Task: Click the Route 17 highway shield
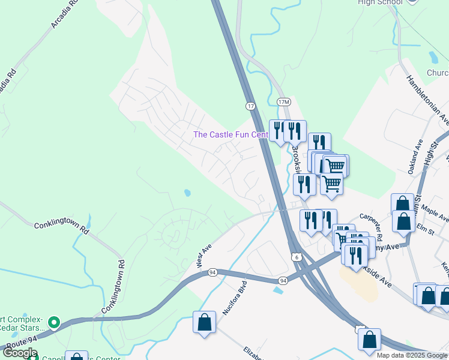pyautogui.click(x=250, y=106)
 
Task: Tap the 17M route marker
pyautogui.click(x=283, y=102)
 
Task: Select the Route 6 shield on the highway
pyautogui.click(x=297, y=257)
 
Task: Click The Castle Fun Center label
pyautogui.click(x=230, y=134)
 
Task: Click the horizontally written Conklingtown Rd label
pyautogui.click(x=61, y=227)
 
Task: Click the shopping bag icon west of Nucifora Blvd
pyautogui.click(x=205, y=322)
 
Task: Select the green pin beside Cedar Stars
pyautogui.click(x=54, y=323)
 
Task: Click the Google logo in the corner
pyautogui.click(x=20, y=353)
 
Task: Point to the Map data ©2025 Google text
pyautogui.click(x=412, y=355)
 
